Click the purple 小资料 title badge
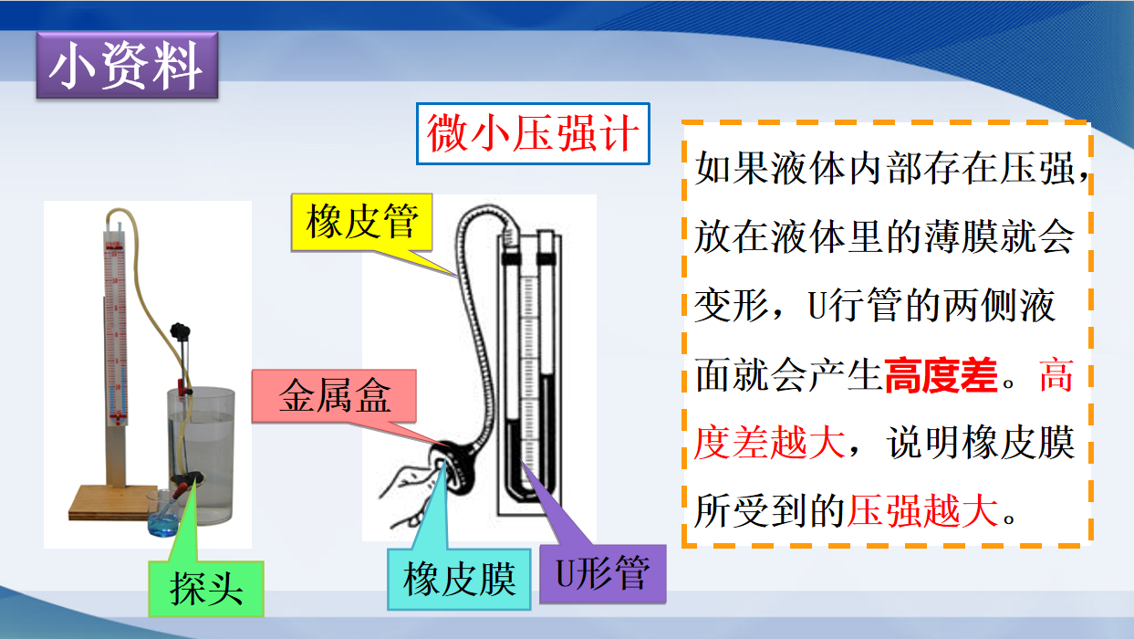click(127, 66)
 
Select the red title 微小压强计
click(533, 134)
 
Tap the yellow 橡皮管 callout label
click(362, 222)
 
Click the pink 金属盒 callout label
click(335, 396)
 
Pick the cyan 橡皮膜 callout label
click(459, 579)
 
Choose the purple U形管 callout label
click(603, 574)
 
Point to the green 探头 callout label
click(206, 588)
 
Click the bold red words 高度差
click(941, 375)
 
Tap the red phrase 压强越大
click(922, 511)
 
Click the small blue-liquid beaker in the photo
click(163, 513)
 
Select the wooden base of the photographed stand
click(118, 503)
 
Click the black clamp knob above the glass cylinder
click(180, 331)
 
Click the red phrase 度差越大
click(769, 443)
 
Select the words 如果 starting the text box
click(732, 168)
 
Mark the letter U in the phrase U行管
click(817, 306)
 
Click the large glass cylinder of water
click(201, 456)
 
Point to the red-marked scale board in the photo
click(116, 330)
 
